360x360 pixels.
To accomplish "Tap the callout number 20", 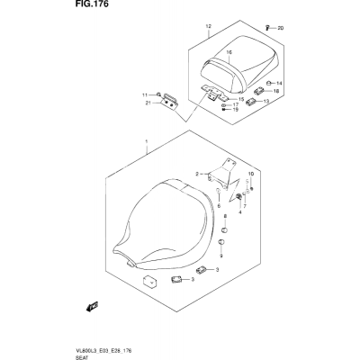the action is point(280,29).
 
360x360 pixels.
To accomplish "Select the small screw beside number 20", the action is point(266,28).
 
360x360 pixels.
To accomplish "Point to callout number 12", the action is point(209,26).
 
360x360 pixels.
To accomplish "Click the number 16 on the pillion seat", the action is point(229,52).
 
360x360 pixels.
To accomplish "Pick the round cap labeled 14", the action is point(269,83).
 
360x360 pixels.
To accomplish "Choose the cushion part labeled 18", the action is point(258,90).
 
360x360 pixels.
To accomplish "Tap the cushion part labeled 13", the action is point(251,102).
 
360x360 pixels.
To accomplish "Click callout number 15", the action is point(241,99).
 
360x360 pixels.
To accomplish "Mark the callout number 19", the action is point(236,110).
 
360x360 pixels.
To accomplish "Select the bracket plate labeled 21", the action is point(170,102).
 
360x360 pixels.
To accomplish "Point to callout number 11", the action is point(145,95).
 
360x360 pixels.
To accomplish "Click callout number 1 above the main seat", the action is point(147,141).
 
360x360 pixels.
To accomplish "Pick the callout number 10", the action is point(251,174).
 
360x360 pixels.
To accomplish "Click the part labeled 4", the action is point(239,197).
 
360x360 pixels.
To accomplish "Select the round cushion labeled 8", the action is point(225,230).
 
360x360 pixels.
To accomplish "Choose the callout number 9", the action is point(221,256).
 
